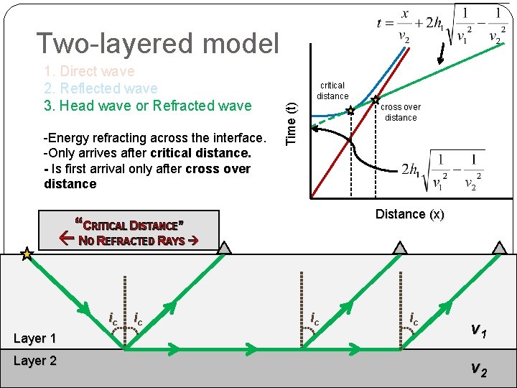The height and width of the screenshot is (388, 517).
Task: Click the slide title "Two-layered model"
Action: coord(157,44)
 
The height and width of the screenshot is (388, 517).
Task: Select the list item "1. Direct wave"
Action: coord(89,72)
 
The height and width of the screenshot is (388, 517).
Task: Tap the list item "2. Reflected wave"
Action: coord(101,88)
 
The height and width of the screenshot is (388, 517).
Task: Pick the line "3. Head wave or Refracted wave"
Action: coord(148,106)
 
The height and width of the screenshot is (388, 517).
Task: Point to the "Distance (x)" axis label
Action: coord(410,214)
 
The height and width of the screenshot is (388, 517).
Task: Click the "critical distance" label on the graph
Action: coord(332,91)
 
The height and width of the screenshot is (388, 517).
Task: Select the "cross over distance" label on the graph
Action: coord(401,112)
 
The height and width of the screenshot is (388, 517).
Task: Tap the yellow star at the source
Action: coord(27,254)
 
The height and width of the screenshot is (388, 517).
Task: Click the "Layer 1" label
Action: coord(34,338)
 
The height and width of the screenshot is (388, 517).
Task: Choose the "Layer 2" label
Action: coord(34,361)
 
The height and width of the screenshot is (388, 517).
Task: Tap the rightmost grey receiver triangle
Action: coord(498,248)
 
